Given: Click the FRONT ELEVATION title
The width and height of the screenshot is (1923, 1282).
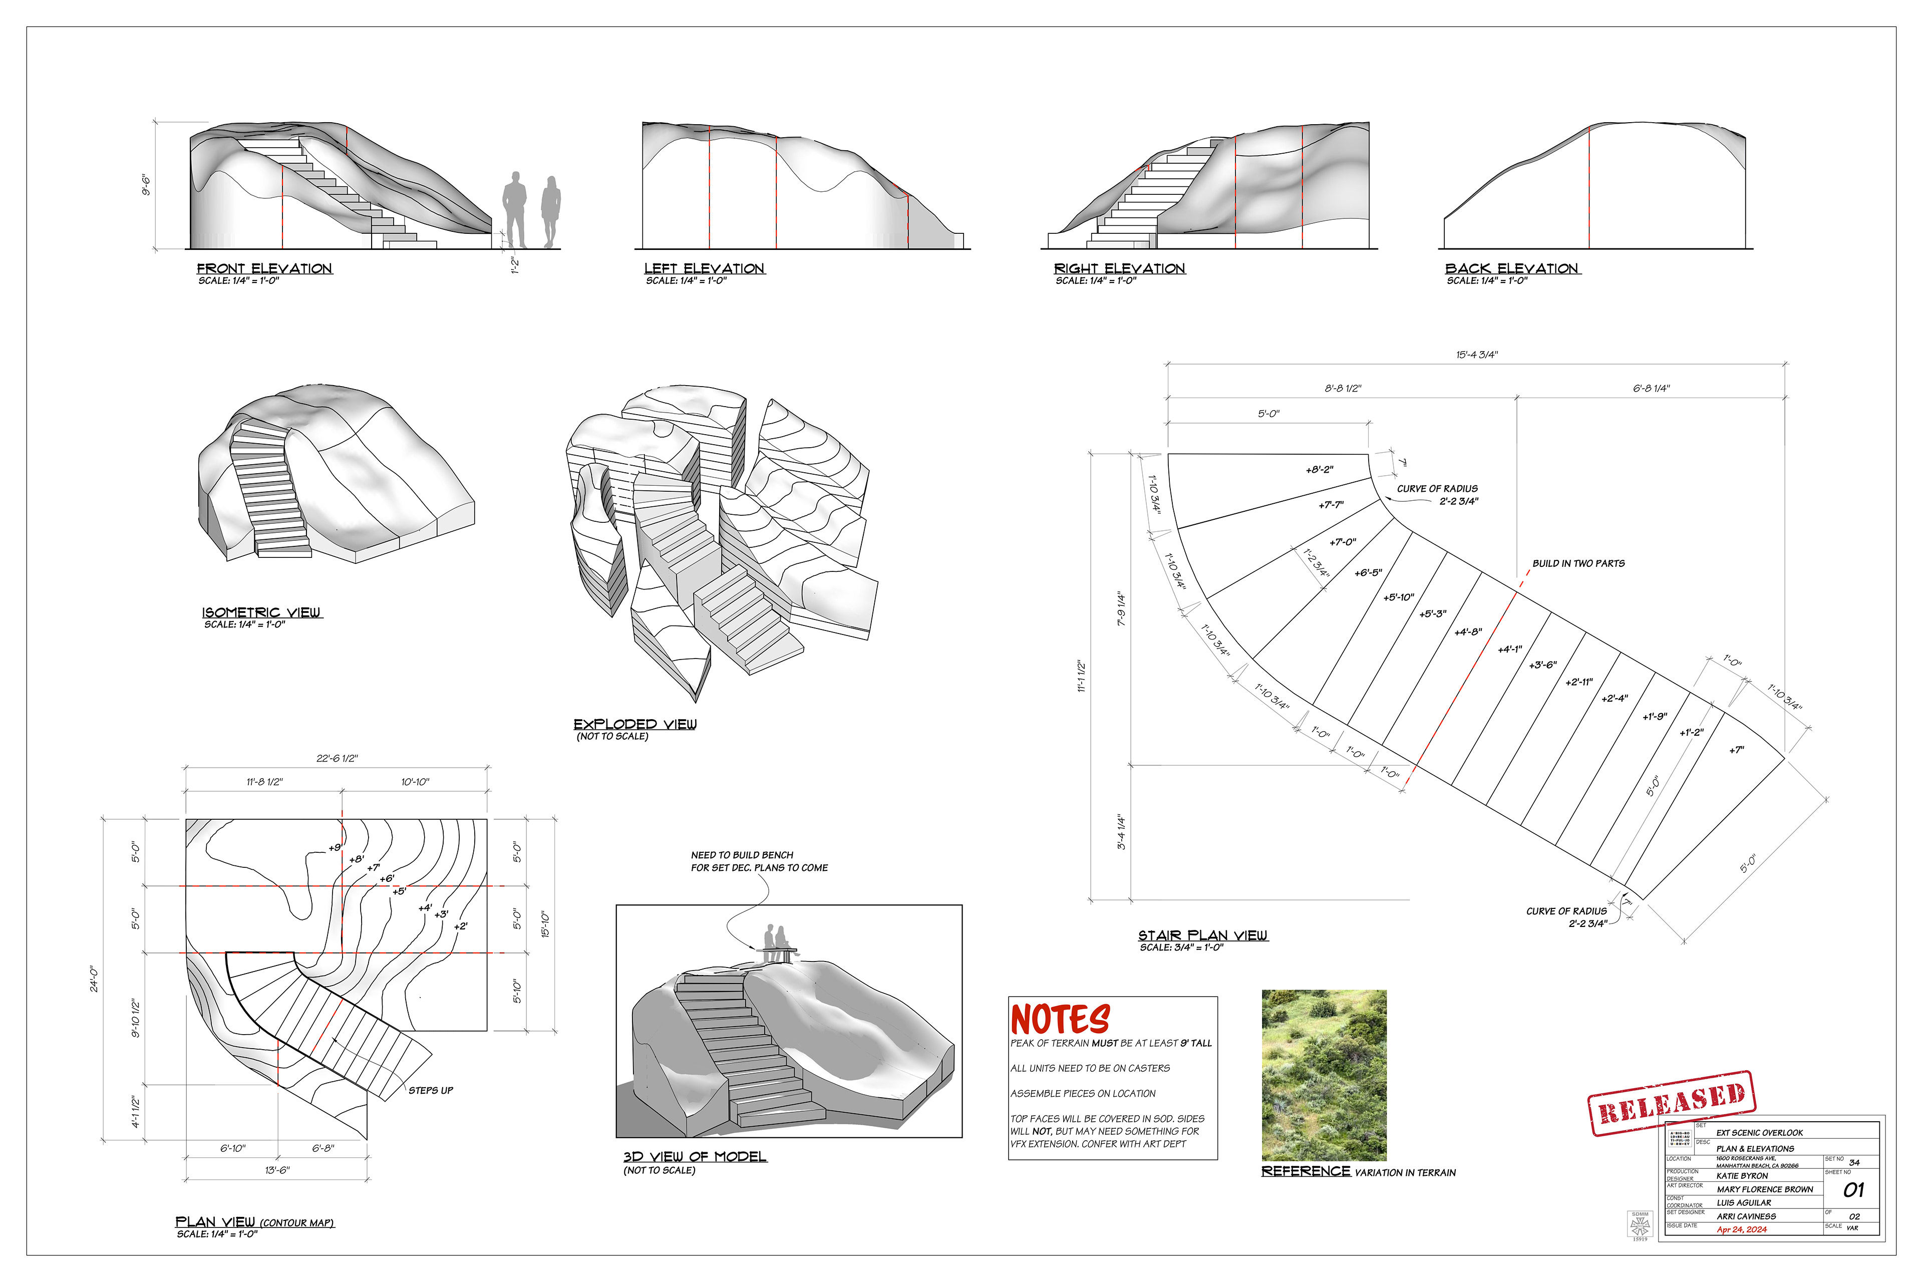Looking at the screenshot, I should click(x=264, y=269).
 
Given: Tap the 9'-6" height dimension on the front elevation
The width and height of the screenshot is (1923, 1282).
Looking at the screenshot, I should click(x=146, y=185).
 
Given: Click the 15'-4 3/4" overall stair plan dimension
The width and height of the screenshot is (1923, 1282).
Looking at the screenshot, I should click(x=1477, y=355).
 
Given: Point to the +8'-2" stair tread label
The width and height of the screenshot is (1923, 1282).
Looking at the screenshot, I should click(x=1319, y=470).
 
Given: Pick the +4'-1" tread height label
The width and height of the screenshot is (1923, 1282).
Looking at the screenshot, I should click(x=1509, y=649).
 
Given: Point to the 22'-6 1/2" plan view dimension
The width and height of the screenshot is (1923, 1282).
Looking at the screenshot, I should click(x=337, y=759).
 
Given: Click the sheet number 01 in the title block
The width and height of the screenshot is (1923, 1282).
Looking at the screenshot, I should click(x=1853, y=1190).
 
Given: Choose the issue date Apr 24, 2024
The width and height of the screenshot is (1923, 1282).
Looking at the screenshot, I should click(x=1742, y=1230).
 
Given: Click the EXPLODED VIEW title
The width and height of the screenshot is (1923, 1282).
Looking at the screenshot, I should click(x=634, y=725).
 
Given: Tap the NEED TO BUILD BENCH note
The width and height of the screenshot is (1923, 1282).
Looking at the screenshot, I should click(x=759, y=861).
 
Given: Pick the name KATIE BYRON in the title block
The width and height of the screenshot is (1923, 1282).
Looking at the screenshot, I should click(x=1742, y=1176).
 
